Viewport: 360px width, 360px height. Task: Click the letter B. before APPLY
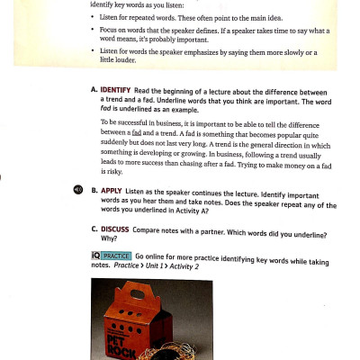(94, 191)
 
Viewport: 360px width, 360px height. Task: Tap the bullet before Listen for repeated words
(93, 19)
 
